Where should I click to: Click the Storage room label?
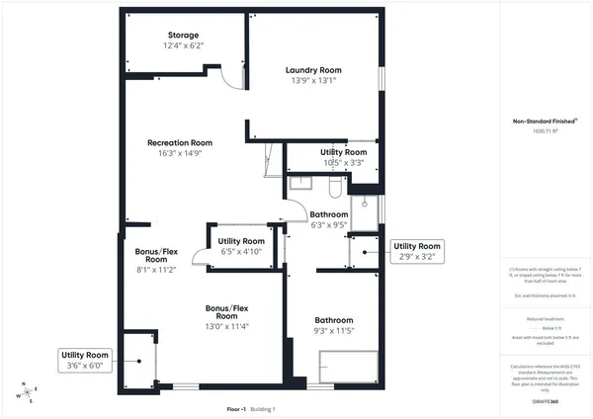coord(182,36)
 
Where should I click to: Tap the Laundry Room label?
coord(313,70)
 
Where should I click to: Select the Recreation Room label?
coord(180,143)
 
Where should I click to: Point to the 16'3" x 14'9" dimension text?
coord(180,154)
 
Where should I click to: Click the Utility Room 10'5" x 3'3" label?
coord(343,153)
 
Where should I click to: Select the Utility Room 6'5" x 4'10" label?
coord(241,241)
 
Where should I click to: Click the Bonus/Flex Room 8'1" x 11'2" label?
coord(157,259)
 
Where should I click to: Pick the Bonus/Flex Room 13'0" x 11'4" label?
coord(227,315)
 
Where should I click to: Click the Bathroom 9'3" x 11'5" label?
coord(334,320)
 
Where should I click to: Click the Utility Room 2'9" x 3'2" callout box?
coord(415,251)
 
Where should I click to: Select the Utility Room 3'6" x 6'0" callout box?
coord(85,360)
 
